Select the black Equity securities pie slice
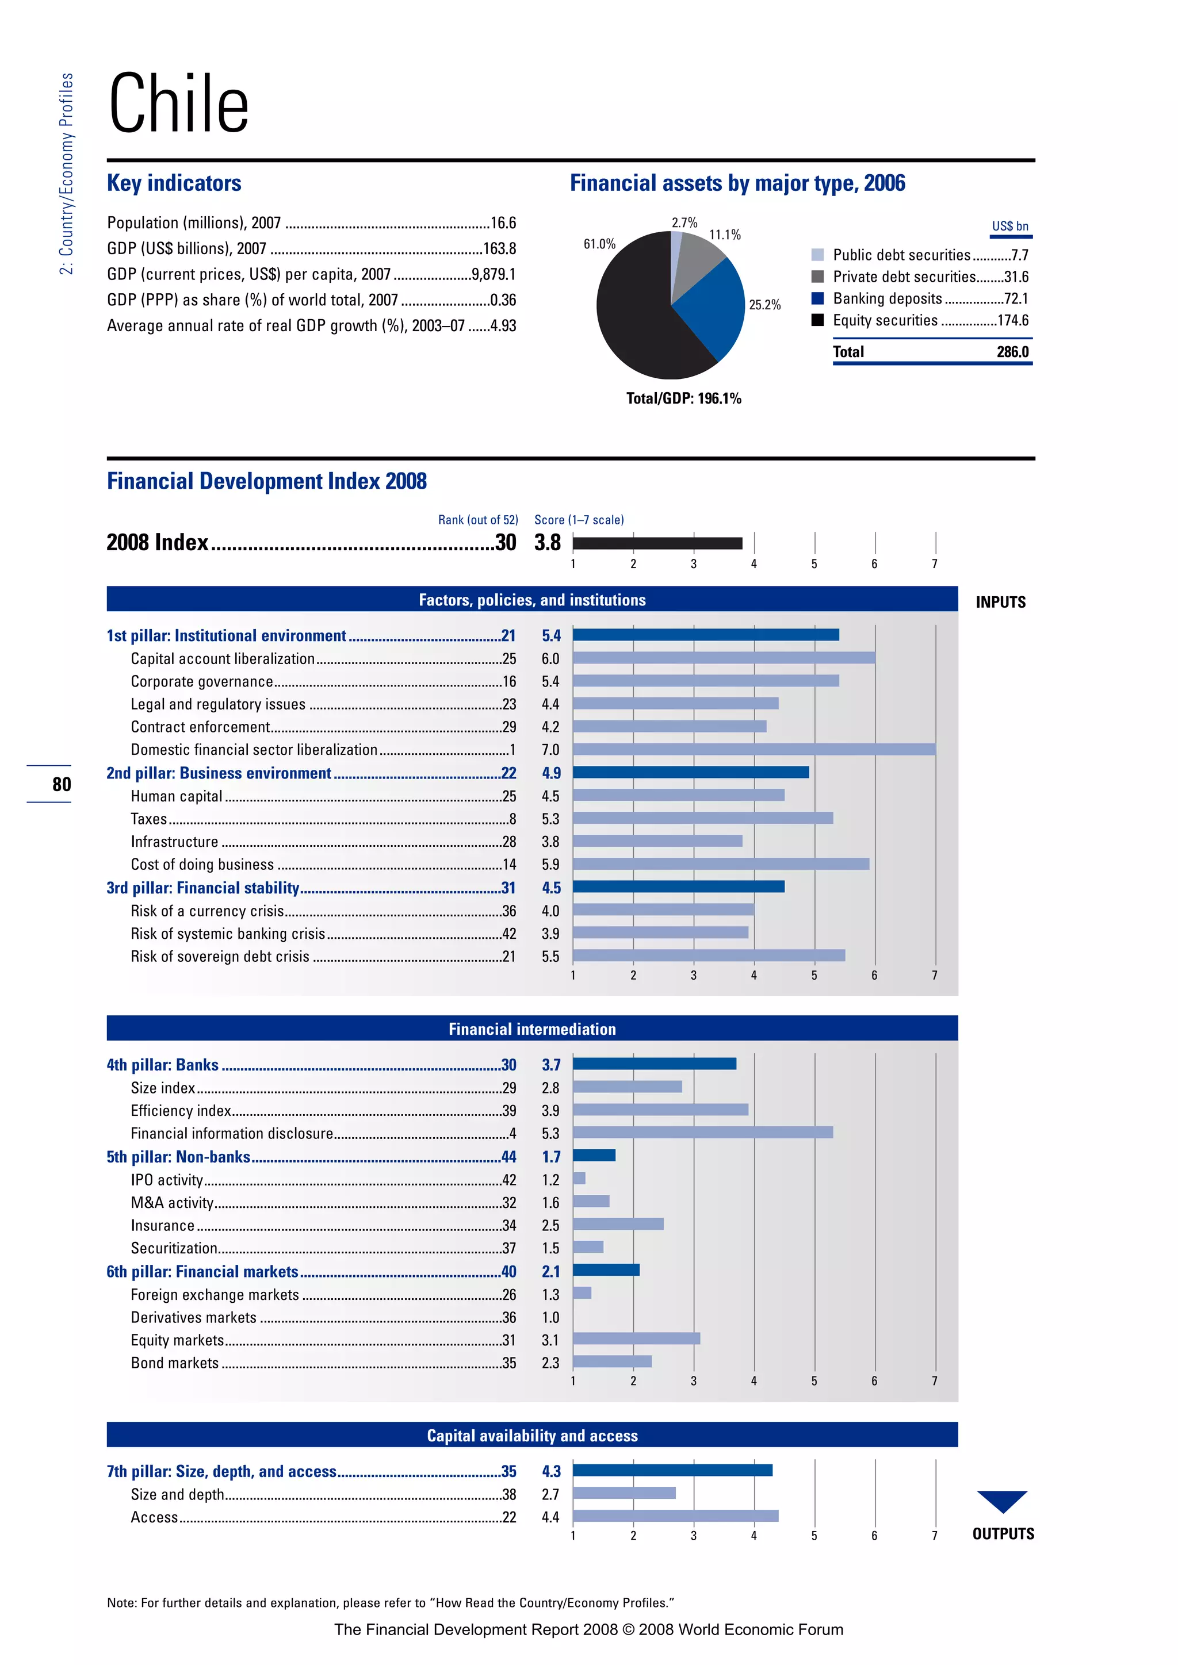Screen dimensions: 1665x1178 (638, 319)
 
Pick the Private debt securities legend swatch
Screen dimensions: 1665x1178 (817, 277)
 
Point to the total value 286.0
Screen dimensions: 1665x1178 (1012, 352)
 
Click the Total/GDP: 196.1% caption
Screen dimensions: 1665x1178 (683, 398)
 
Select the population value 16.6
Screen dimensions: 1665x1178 (503, 222)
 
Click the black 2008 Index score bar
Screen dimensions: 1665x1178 (657, 543)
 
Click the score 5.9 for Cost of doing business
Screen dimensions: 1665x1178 (550, 864)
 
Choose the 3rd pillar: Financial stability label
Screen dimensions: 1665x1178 (203, 888)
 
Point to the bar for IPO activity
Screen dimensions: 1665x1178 (579, 1179)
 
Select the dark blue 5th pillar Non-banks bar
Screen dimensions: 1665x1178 (594, 1155)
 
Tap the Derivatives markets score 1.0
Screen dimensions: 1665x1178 (550, 1317)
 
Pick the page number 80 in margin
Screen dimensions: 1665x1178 (62, 784)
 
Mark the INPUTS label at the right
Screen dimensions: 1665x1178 (1000, 602)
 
